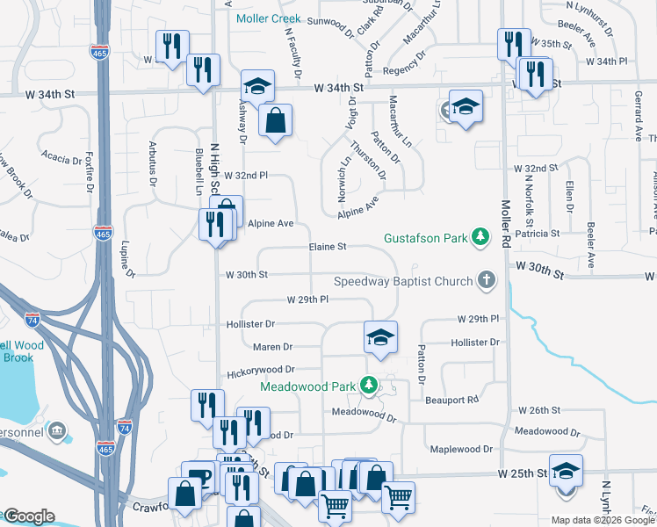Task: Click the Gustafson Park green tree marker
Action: click(x=480, y=236)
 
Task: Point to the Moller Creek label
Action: click(x=267, y=18)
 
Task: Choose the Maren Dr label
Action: click(x=272, y=347)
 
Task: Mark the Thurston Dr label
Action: click(x=367, y=161)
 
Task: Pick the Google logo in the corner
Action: click(x=29, y=516)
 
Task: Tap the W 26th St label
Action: click(x=539, y=410)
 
